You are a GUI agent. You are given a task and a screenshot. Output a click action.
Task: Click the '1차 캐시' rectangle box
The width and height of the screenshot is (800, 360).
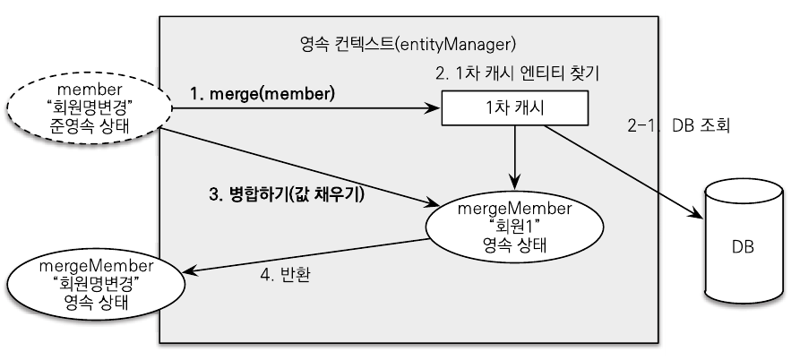[x=514, y=110]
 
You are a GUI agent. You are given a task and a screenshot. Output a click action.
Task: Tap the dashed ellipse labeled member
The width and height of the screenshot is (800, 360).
[x=88, y=108]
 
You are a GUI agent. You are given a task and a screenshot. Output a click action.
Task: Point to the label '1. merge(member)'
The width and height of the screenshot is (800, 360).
[x=261, y=93]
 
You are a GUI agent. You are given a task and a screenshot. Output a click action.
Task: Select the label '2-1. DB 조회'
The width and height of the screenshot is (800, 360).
[x=681, y=126]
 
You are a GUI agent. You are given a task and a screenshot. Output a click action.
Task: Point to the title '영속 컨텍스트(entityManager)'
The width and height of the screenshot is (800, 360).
[x=409, y=43]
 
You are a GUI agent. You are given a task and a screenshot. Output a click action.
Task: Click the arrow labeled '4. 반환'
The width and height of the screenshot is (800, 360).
[x=305, y=253]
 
